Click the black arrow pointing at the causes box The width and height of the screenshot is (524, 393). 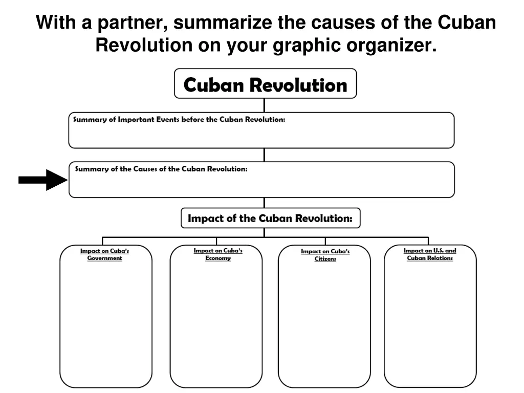point(42,180)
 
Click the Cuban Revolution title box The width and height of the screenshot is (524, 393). point(265,84)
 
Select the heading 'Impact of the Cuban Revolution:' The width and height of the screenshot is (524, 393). point(270,219)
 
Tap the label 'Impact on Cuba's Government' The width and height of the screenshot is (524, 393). point(105,255)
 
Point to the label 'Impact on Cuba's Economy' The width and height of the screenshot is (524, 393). point(218,254)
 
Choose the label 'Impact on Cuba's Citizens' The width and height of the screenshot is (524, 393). point(325,255)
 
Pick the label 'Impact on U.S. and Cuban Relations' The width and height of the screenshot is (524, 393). point(430,254)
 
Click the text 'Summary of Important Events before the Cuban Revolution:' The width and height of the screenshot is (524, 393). point(179,120)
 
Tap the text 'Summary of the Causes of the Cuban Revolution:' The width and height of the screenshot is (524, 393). point(161,169)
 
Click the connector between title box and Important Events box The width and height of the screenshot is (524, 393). point(264,105)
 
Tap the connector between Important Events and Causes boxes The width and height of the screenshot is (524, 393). point(264,155)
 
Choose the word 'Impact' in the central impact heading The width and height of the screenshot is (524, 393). point(205,219)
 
